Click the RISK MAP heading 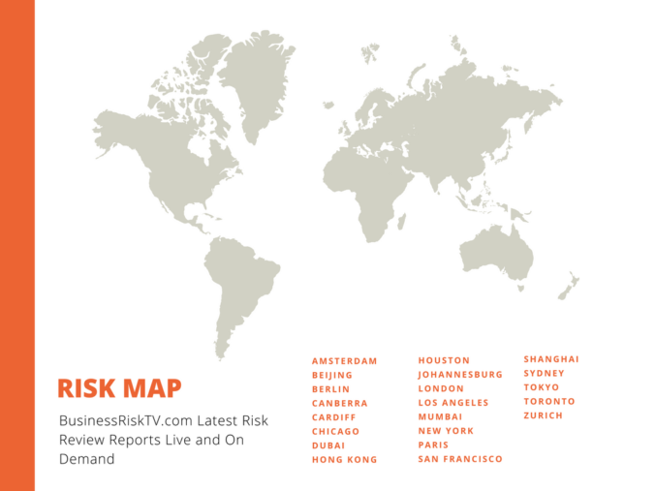(x=119, y=388)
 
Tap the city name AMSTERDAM (x=344, y=361)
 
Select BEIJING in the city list (x=332, y=375)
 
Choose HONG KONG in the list (x=344, y=460)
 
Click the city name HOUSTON (x=444, y=360)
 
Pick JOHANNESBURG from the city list (x=460, y=374)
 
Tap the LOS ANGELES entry (x=453, y=402)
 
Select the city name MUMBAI (x=441, y=416)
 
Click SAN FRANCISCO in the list (x=460, y=459)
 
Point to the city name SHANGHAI (x=551, y=359)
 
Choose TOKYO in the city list (x=542, y=387)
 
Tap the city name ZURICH (x=543, y=415)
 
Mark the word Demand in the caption (x=86, y=459)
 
